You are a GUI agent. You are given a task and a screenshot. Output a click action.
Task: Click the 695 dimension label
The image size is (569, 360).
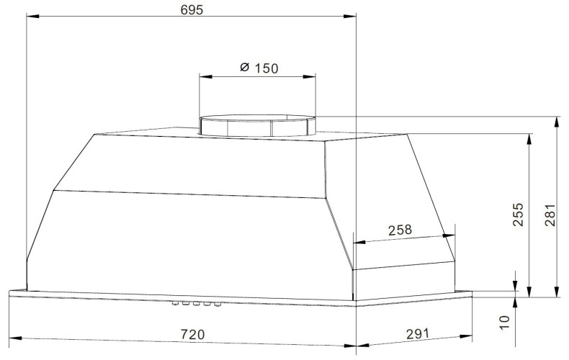pos(192,9)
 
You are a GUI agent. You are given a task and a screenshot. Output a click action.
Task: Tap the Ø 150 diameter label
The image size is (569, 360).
pos(257,68)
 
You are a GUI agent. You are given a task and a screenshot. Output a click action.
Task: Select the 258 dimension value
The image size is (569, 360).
pos(399,230)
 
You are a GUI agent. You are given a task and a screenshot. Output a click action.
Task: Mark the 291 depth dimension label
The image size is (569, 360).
pos(416,333)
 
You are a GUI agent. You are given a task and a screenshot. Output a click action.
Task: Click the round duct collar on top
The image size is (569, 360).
pos(257,125)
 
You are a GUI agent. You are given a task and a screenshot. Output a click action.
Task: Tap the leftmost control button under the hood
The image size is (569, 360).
pos(175,305)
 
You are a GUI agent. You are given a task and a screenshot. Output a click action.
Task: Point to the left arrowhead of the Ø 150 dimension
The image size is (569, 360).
pos(204,76)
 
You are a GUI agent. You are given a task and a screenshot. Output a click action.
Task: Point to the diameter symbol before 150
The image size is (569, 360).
pos(244,68)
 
